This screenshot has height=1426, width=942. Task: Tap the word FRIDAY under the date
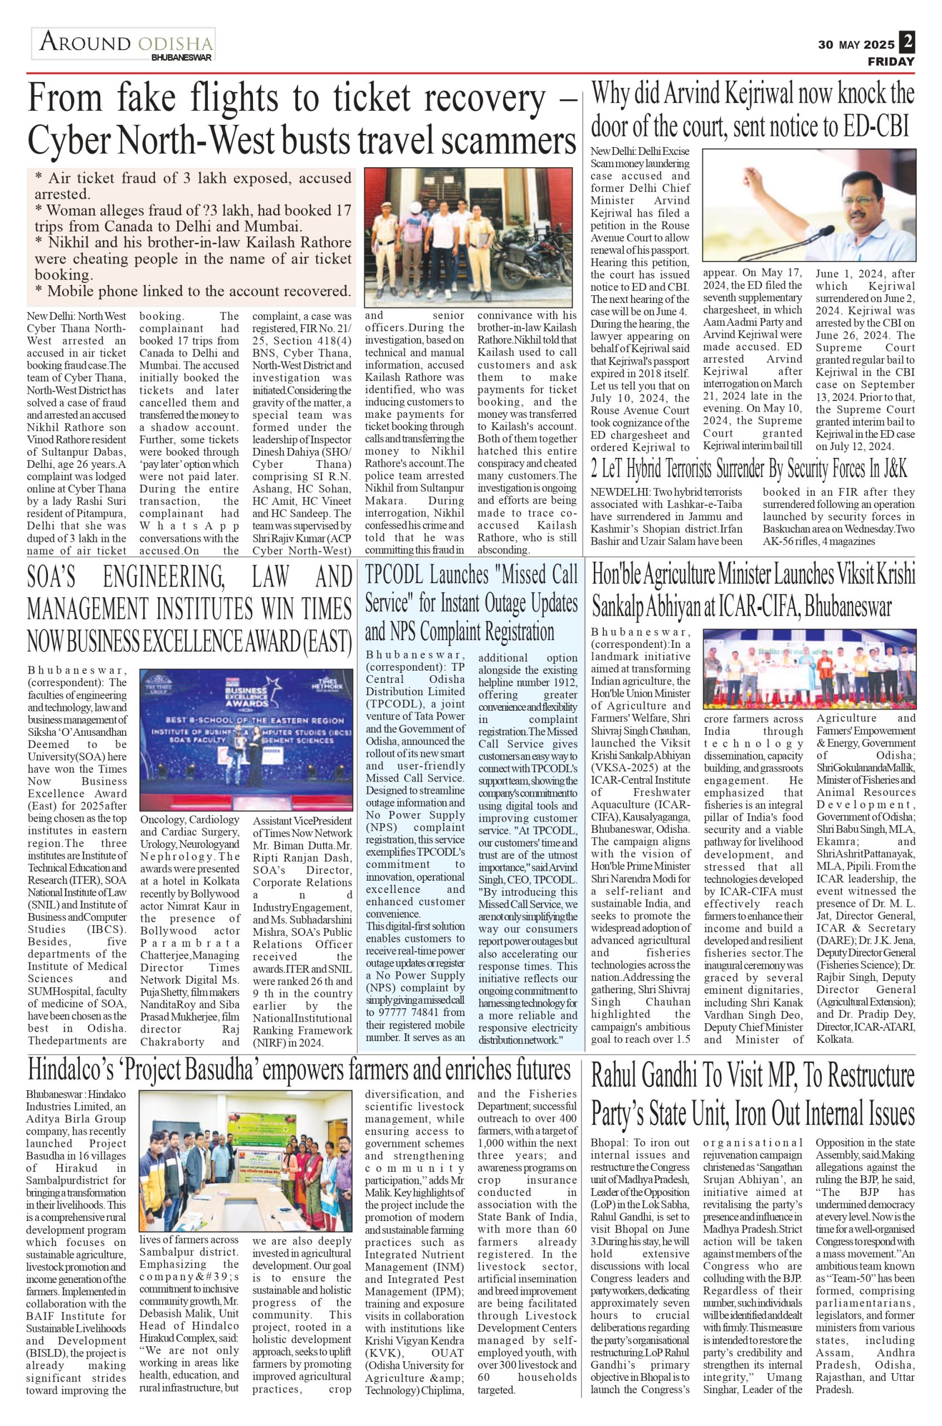[890, 61]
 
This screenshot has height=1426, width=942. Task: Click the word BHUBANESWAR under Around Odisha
[182, 58]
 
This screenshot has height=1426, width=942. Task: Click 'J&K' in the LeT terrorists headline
[891, 468]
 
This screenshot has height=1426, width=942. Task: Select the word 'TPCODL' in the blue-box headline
[397, 575]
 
